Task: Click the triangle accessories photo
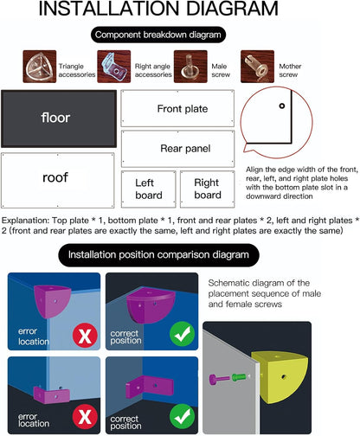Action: point(40,67)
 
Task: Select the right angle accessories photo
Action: point(114,67)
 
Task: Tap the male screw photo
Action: point(190,67)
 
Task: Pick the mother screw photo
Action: point(257,67)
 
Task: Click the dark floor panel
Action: point(59,119)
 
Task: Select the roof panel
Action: point(58,180)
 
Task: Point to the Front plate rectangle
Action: point(177,108)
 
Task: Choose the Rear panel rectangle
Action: point(177,149)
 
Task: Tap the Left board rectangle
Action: point(149,189)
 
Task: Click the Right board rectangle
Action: point(208,189)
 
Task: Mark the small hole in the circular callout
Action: point(282,106)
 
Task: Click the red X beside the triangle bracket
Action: point(85,335)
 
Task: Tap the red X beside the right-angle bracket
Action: point(85,417)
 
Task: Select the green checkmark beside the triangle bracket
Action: point(182,335)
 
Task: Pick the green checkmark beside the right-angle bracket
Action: point(182,416)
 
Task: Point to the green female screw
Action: point(239,377)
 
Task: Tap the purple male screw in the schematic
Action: point(219,379)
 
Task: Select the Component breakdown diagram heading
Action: point(158,35)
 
